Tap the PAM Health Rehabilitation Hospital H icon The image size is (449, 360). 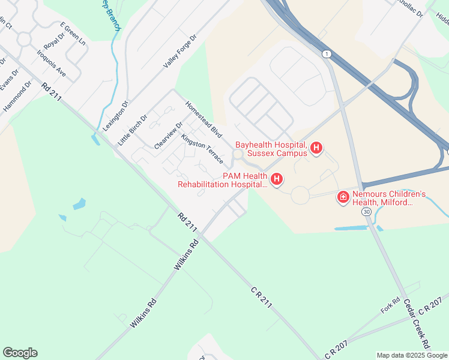click(x=277, y=179)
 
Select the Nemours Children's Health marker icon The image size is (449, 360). click(x=343, y=197)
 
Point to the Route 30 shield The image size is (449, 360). click(x=367, y=212)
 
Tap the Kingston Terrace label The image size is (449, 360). click(x=202, y=149)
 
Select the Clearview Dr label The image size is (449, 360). click(x=168, y=136)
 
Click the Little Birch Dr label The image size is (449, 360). click(x=133, y=130)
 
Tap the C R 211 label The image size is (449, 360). click(x=262, y=297)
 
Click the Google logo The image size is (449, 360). click(x=20, y=353)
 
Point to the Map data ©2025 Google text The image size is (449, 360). click(x=411, y=355)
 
